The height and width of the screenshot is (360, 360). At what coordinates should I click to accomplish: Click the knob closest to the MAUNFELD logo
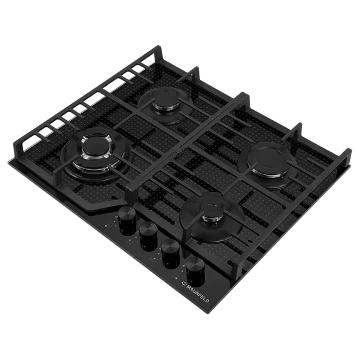[x=195, y=271]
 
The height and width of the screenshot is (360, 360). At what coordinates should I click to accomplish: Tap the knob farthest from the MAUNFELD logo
[x=127, y=220]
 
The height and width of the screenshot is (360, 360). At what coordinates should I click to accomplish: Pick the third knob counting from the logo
[x=148, y=236]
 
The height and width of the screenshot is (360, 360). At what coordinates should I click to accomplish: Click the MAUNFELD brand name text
[x=197, y=293]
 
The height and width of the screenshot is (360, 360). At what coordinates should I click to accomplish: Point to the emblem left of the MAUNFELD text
[x=183, y=283]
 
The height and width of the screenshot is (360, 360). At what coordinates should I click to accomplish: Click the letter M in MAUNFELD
[x=188, y=286]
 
